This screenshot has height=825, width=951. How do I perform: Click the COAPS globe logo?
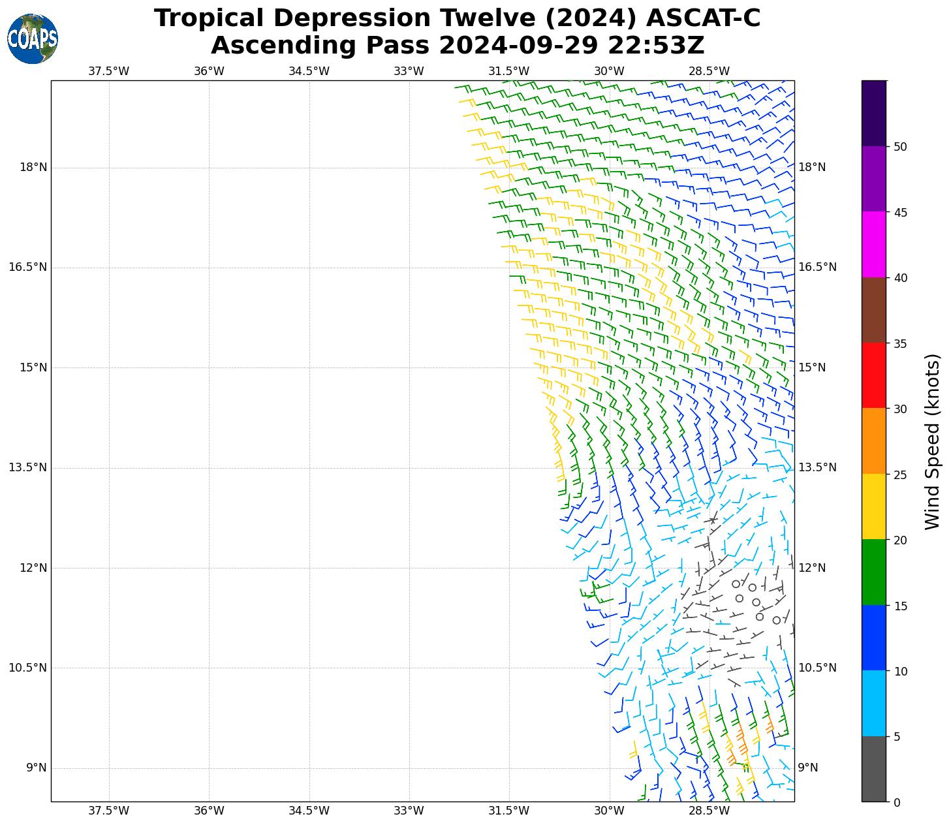tap(32, 39)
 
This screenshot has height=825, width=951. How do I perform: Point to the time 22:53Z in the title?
tap(656, 46)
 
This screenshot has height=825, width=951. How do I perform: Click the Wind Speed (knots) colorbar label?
tap(933, 441)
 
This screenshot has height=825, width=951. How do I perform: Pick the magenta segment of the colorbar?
tap(873, 244)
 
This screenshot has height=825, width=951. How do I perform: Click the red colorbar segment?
tap(873, 375)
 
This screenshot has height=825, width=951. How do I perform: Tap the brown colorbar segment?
tap(873, 310)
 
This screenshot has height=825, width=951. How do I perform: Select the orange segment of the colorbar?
tap(873, 441)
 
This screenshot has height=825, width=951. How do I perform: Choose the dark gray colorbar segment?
tap(873, 769)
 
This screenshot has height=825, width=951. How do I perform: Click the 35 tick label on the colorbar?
tap(900, 343)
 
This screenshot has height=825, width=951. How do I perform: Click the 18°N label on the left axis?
tap(33, 168)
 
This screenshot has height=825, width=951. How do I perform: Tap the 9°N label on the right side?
tap(808, 768)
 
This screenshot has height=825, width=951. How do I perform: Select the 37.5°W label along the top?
tap(109, 71)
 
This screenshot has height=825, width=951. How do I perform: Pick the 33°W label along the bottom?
tap(409, 811)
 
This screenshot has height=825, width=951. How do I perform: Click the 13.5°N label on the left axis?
tap(28, 467)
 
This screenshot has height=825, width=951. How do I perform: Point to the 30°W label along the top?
tap(610, 71)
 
